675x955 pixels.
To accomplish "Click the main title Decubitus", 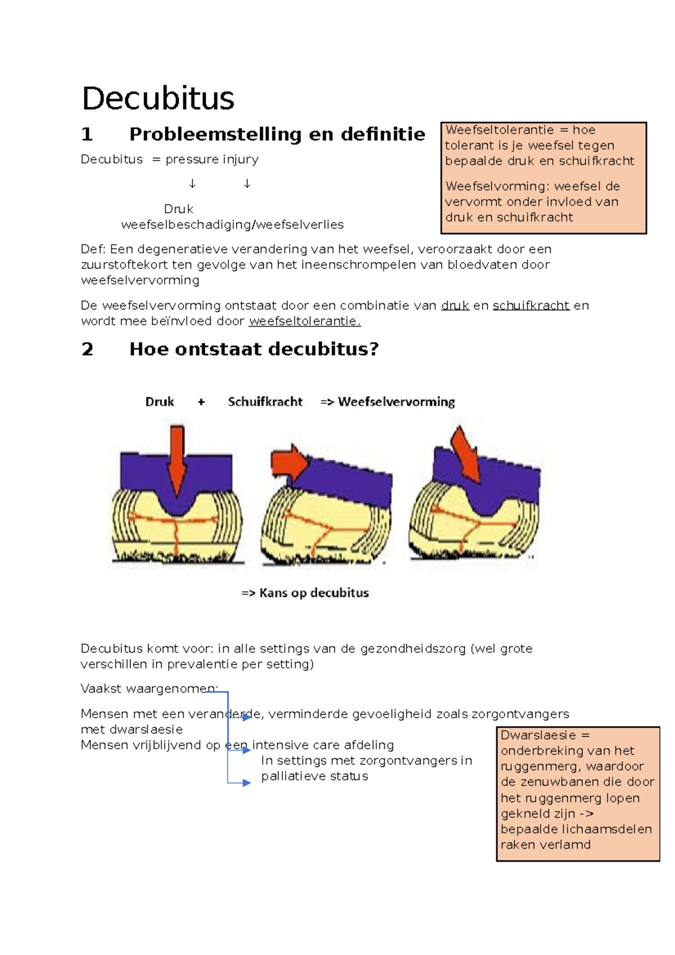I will [x=157, y=99].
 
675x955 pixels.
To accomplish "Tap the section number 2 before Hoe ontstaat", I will [x=87, y=349].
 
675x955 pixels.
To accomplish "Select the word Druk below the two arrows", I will [x=178, y=209].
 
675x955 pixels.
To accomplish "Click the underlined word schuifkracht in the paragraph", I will [x=531, y=305].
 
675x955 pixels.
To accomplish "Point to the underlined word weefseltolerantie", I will [x=304, y=321].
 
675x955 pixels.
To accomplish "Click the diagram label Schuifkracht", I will [x=265, y=402].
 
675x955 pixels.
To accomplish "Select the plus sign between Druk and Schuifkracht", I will [x=201, y=402].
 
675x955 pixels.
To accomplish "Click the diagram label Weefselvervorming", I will [x=396, y=402].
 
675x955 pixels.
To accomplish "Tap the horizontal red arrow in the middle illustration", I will [x=289, y=463].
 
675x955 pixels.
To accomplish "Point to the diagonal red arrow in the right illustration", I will [x=466, y=453].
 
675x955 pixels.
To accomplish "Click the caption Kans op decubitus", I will [x=313, y=593].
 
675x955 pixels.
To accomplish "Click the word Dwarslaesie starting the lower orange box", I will [x=538, y=735].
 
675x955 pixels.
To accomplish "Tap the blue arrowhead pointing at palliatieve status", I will [x=246, y=782].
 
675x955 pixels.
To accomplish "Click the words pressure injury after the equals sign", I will [x=211, y=160].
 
